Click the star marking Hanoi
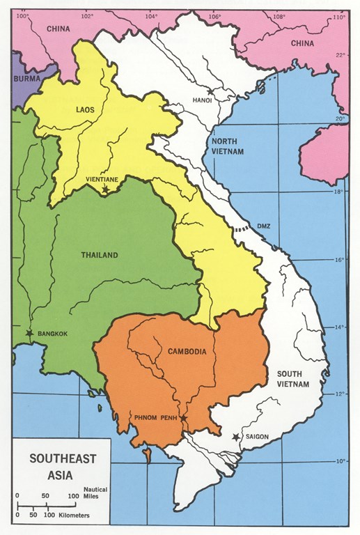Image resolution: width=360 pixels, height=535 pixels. (209, 92)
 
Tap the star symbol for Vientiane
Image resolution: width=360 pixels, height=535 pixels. (105, 189)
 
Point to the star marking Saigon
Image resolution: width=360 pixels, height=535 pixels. (236, 436)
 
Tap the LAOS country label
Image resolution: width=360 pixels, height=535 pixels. (86, 109)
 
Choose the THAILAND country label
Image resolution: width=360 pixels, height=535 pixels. (100, 255)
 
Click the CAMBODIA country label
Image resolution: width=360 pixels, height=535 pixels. (187, 351)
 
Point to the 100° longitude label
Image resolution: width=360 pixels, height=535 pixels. (23, 16)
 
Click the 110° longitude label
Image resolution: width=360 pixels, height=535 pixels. (338, 16)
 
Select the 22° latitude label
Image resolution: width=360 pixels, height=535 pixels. (341, 54)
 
